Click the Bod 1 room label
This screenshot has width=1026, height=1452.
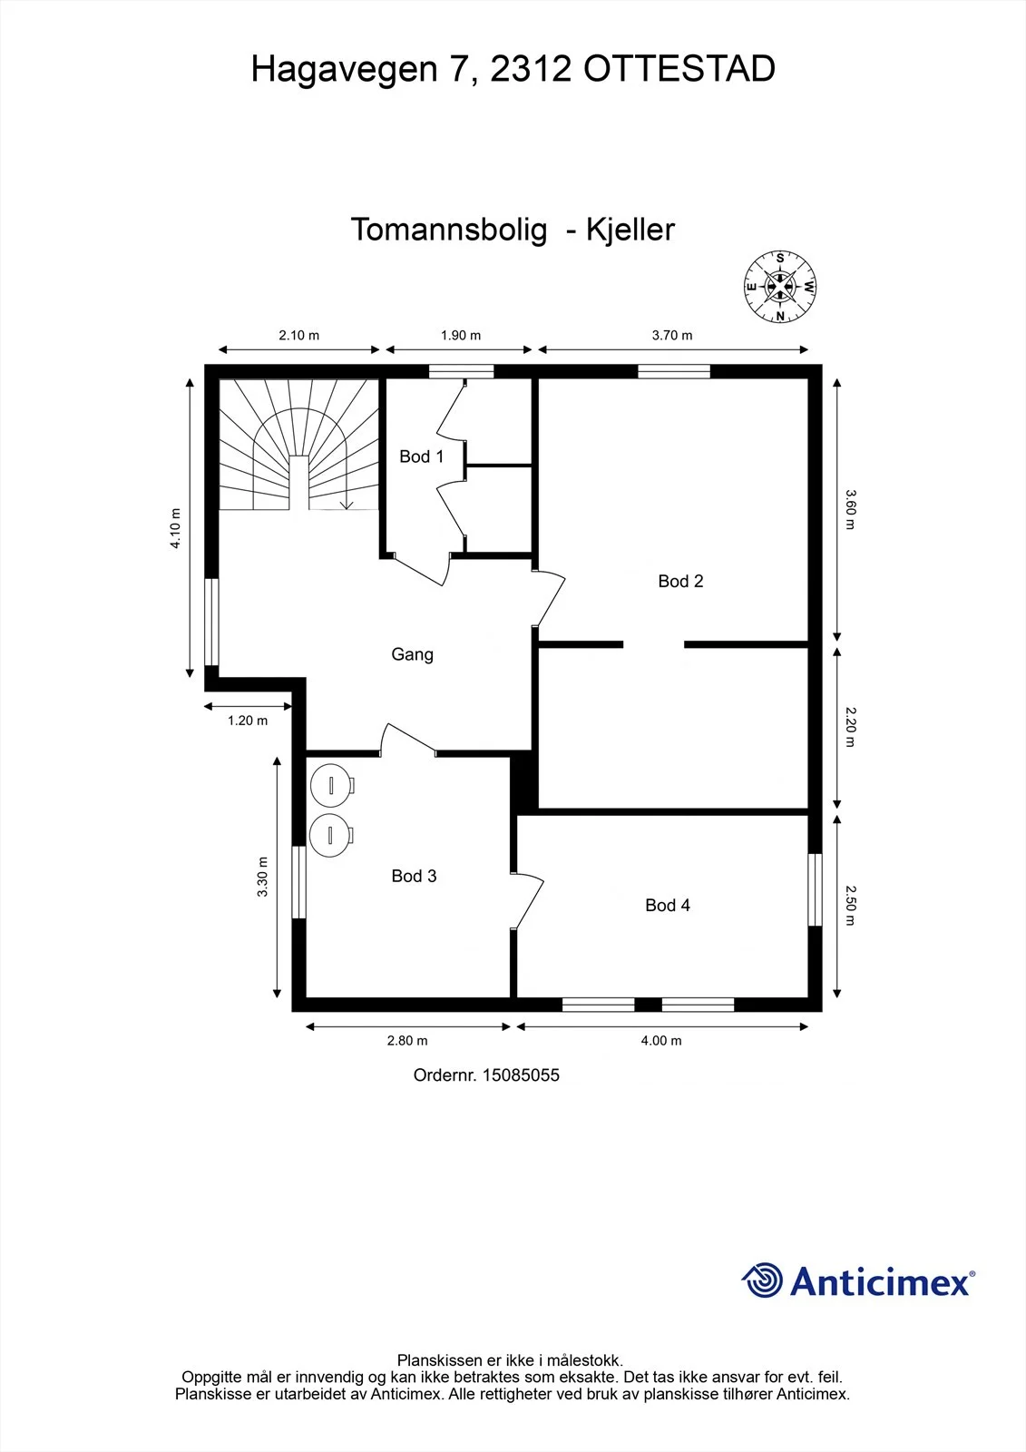click(421, 456)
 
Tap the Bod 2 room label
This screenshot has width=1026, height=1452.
click(680, 581)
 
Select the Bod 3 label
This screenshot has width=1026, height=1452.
click(415, 876)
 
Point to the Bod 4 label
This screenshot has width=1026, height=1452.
click(668, 905)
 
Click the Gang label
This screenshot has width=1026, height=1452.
click(412, 654)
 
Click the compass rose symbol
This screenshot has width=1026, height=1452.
click(780, 287)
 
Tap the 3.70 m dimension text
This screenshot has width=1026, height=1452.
click(672, 335)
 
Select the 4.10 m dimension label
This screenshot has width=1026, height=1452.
click(176, 528)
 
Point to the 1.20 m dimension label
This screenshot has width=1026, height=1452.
click(248, 721)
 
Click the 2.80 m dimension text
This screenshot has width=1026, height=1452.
click(407, 1040)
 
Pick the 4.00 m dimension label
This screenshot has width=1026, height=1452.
click(661, 1040)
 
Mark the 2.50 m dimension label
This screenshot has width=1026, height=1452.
click(850, 906)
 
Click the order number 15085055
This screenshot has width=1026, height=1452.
click(521, 1074)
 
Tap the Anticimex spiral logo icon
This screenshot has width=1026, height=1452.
click(762, 1280)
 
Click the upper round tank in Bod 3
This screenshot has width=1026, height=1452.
click(332, 786)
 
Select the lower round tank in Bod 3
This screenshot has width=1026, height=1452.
click(331, 836)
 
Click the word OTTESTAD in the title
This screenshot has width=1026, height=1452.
click(679, 69)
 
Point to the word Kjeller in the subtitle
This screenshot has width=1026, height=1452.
click(630, 230)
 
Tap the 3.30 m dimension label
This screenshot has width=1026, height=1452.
click(262, 877)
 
